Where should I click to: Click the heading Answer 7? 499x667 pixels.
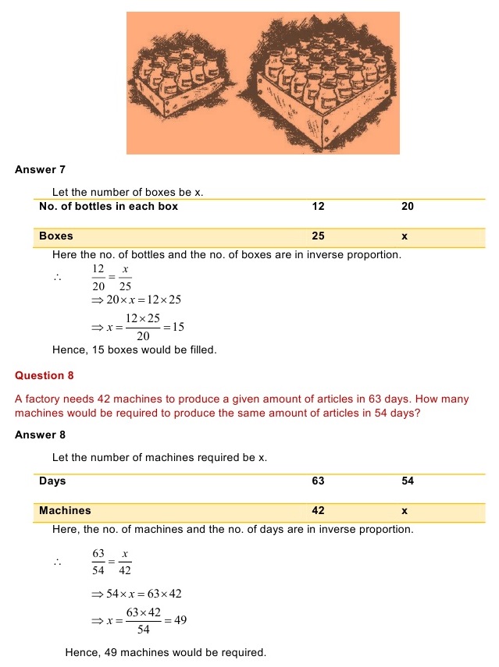pos(35,170)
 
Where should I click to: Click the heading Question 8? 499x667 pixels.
pos(45,375)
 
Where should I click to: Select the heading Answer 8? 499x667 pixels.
pos(35,435)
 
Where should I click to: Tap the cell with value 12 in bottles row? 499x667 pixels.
pos(318,207)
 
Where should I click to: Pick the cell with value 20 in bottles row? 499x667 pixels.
pos(408,207)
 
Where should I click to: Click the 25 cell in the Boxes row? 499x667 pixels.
pos(318,236)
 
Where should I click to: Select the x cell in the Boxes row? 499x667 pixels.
pos(405,236)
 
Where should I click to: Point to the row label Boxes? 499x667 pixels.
pos(56,236)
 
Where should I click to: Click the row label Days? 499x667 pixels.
pos(52,481)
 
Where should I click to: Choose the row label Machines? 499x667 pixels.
pos(65,511)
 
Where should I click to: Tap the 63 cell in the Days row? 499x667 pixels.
pos(318,481)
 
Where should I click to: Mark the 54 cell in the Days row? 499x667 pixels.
pos(408,481)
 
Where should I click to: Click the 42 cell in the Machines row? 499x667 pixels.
pos(318,511)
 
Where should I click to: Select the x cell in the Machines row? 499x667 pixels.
pos(405,511)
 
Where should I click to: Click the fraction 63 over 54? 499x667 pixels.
pos(98,562)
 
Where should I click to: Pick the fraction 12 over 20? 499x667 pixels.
pos(98,278)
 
